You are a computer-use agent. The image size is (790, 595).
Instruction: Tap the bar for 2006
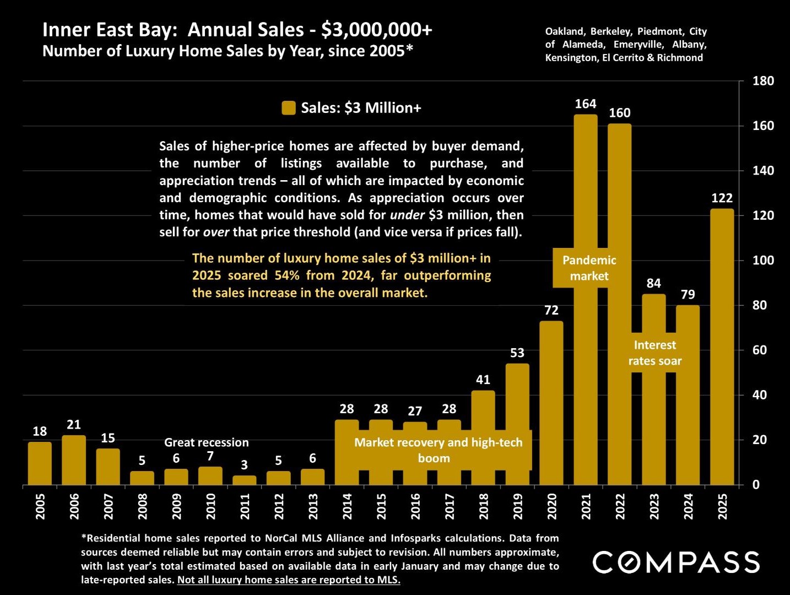[x=74, y=461]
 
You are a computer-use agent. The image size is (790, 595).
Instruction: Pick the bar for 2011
[x=244, y=480]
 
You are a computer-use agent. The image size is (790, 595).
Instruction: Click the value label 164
[x=586, y=104]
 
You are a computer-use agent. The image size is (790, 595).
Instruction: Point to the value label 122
[x=722, y=198]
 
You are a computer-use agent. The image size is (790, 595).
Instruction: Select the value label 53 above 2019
[x=517, y=353]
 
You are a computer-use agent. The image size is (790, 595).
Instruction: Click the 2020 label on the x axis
[x=552, y=506]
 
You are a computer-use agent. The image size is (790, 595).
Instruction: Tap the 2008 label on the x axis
[x=142, y=506]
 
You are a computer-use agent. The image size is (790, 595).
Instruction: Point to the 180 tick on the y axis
[x=763, y=81]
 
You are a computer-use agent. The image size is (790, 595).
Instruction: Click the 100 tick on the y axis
[x=763, y=260]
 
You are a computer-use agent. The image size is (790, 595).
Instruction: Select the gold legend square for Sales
[x=289, y=108]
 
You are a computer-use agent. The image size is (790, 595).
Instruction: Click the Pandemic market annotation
[x=589, y=268]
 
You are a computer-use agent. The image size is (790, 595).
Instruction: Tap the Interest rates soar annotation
[x=654, y=353]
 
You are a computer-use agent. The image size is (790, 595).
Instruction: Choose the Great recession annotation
[x=207, y=442]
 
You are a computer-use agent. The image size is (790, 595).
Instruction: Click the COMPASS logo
[x=676, y=562]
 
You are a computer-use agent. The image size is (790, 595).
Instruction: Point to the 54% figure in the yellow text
[x=286, y=275]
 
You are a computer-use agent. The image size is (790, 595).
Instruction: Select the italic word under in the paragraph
[x=407, y=215]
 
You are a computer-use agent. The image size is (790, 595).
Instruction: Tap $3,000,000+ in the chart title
[x=377, y=30]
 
